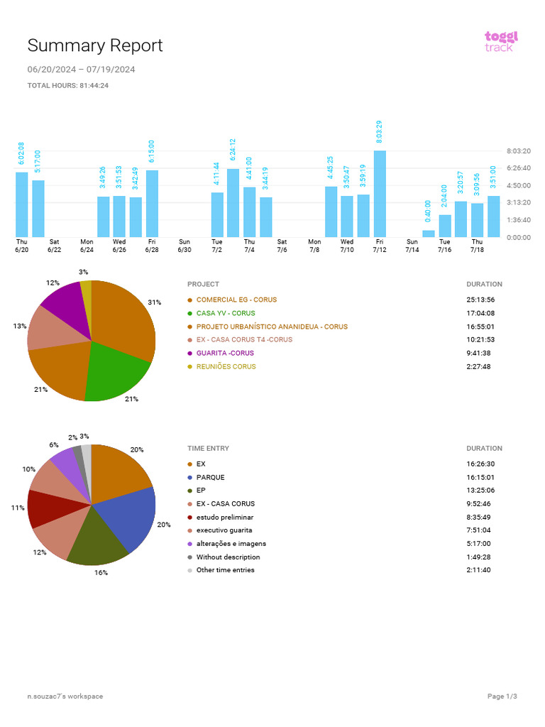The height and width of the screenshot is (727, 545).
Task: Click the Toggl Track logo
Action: coord(501,40)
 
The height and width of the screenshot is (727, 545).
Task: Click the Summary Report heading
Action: coord(95,45)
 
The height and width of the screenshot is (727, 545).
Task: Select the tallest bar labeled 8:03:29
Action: coord(380,193)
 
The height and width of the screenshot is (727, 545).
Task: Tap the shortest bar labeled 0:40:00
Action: coord(429,233)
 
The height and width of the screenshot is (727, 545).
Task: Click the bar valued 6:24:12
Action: coord(233,202)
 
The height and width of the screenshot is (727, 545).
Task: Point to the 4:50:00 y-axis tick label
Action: coord(519,185)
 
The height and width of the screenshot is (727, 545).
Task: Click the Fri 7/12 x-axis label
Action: coord(380,246)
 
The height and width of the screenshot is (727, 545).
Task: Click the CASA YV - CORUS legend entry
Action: coord(225,313)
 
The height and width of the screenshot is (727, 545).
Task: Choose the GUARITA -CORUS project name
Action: coord(225,353)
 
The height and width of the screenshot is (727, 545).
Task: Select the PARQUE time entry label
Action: coord(210,477)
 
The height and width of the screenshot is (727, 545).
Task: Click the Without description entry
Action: coord(228,557)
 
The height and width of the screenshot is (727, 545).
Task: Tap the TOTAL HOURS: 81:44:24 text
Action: coord(67,85)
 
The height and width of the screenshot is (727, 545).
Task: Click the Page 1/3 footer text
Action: coord(502,696)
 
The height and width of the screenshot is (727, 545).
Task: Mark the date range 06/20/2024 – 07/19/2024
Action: coord(81,70)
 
